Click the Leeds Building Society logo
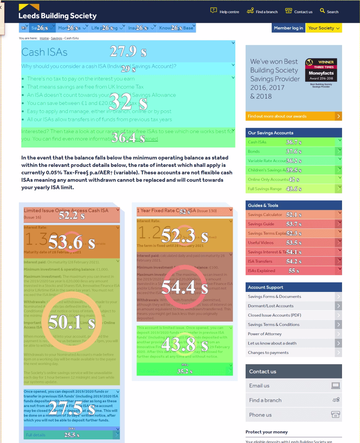57,12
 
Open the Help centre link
225,12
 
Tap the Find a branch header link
262,12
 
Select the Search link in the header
329,12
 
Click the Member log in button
289,28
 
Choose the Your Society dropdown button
324,28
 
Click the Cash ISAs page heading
44,52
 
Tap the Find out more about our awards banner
293,116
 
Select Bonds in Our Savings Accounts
254,151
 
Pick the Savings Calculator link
265,215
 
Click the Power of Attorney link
265,334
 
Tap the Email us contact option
259,385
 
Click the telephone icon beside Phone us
335,415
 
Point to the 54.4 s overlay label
185,288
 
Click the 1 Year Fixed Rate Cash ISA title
161,211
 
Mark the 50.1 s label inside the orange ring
71,322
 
